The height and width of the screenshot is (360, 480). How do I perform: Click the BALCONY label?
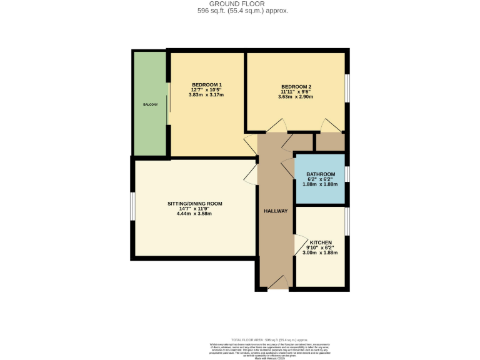click(x=150, y=104)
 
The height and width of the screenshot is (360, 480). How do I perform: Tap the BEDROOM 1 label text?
click(x=206, y=85)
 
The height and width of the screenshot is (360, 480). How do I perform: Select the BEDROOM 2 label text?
click(x=296, y=87)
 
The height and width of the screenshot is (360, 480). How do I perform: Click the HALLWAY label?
click(x=275, y=211)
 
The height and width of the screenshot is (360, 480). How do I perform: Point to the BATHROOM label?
click(x=321, y=174)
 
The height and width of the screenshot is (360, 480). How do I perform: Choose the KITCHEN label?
click(x=321, y=242)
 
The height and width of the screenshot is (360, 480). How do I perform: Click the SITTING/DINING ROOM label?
click(x=194, y=204)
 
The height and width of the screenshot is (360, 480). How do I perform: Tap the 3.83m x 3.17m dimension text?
click(x=206, y=95)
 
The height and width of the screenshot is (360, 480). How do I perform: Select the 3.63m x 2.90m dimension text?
click(x=296, y=97)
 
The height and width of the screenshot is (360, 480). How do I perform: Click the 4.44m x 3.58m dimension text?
click(x=194, y=214)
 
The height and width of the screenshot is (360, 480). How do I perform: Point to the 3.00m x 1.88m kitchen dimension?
click(x=321, y=252)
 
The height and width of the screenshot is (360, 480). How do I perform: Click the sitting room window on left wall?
click(x=132, y=206)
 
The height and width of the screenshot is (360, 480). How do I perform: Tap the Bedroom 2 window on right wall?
click(x=347, y=87)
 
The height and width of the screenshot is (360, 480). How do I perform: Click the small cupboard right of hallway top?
click(x=329, y=142)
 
